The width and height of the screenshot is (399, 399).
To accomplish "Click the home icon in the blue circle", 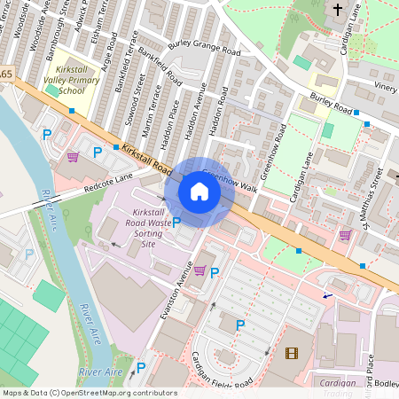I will pyautogui.click(x=199, y=192).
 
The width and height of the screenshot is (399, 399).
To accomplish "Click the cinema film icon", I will pyautogui.click(x=292, y=353).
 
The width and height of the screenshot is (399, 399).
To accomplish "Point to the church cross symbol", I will pyautogui.click(x=337, y=10).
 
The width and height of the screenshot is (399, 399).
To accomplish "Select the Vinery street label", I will pyautogui.click(x=385, y=87).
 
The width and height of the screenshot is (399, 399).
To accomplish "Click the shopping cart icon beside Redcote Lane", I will pyautogui.click(x=73, y=157).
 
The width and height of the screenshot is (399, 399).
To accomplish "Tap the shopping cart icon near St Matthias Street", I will pyautogui.click(x=345, y=235).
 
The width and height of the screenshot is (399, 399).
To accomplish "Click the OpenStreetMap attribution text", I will pyautogui.click(x=89, y=393).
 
